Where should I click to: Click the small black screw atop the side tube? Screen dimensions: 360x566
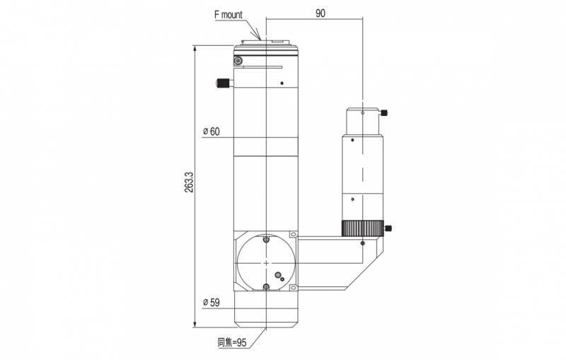pyautogui.click(x=384, y=113)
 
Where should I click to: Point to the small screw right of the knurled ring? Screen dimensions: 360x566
pyautogui.click(x=388, y=228)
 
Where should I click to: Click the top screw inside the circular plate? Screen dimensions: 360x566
pyautogui.click(x=266, y=240)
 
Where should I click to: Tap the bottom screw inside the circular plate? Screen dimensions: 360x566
pyautogui.click(x=265, y=286)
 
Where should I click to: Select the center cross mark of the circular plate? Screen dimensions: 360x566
pyautogui.click(x=265, y=263)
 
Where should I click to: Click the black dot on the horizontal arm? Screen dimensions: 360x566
pyautogui.click(x=362, y=243)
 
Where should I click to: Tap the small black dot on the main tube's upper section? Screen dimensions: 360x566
pyautogui.click(x=282, y=83)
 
